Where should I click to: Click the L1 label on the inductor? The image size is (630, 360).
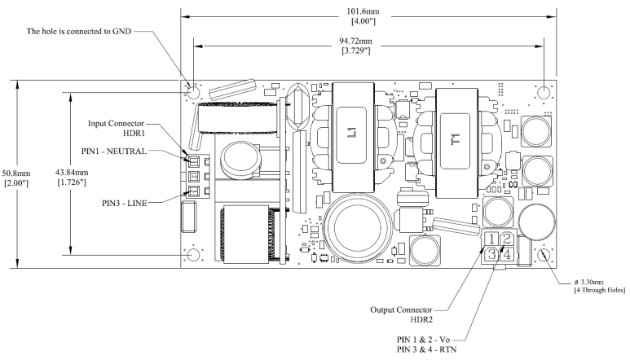click(x=351, y=133)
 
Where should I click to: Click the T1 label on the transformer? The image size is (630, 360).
click(x=456, y=139)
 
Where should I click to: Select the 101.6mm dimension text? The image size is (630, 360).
click(x=363, y=11)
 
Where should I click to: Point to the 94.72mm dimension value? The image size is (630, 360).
click(x=356, y=41)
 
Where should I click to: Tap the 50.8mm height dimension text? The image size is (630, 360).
click(x=16, y=173)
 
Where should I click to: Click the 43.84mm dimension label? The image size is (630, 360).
click(x=72, y=173)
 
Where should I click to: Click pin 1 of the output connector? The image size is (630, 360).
click(x=491, y=239)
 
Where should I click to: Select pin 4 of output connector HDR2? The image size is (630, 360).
click(x=507, y=254)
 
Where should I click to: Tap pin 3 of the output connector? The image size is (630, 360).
click(x=491, y=254)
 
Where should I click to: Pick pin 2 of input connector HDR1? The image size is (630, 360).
click(x=194, y=177)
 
